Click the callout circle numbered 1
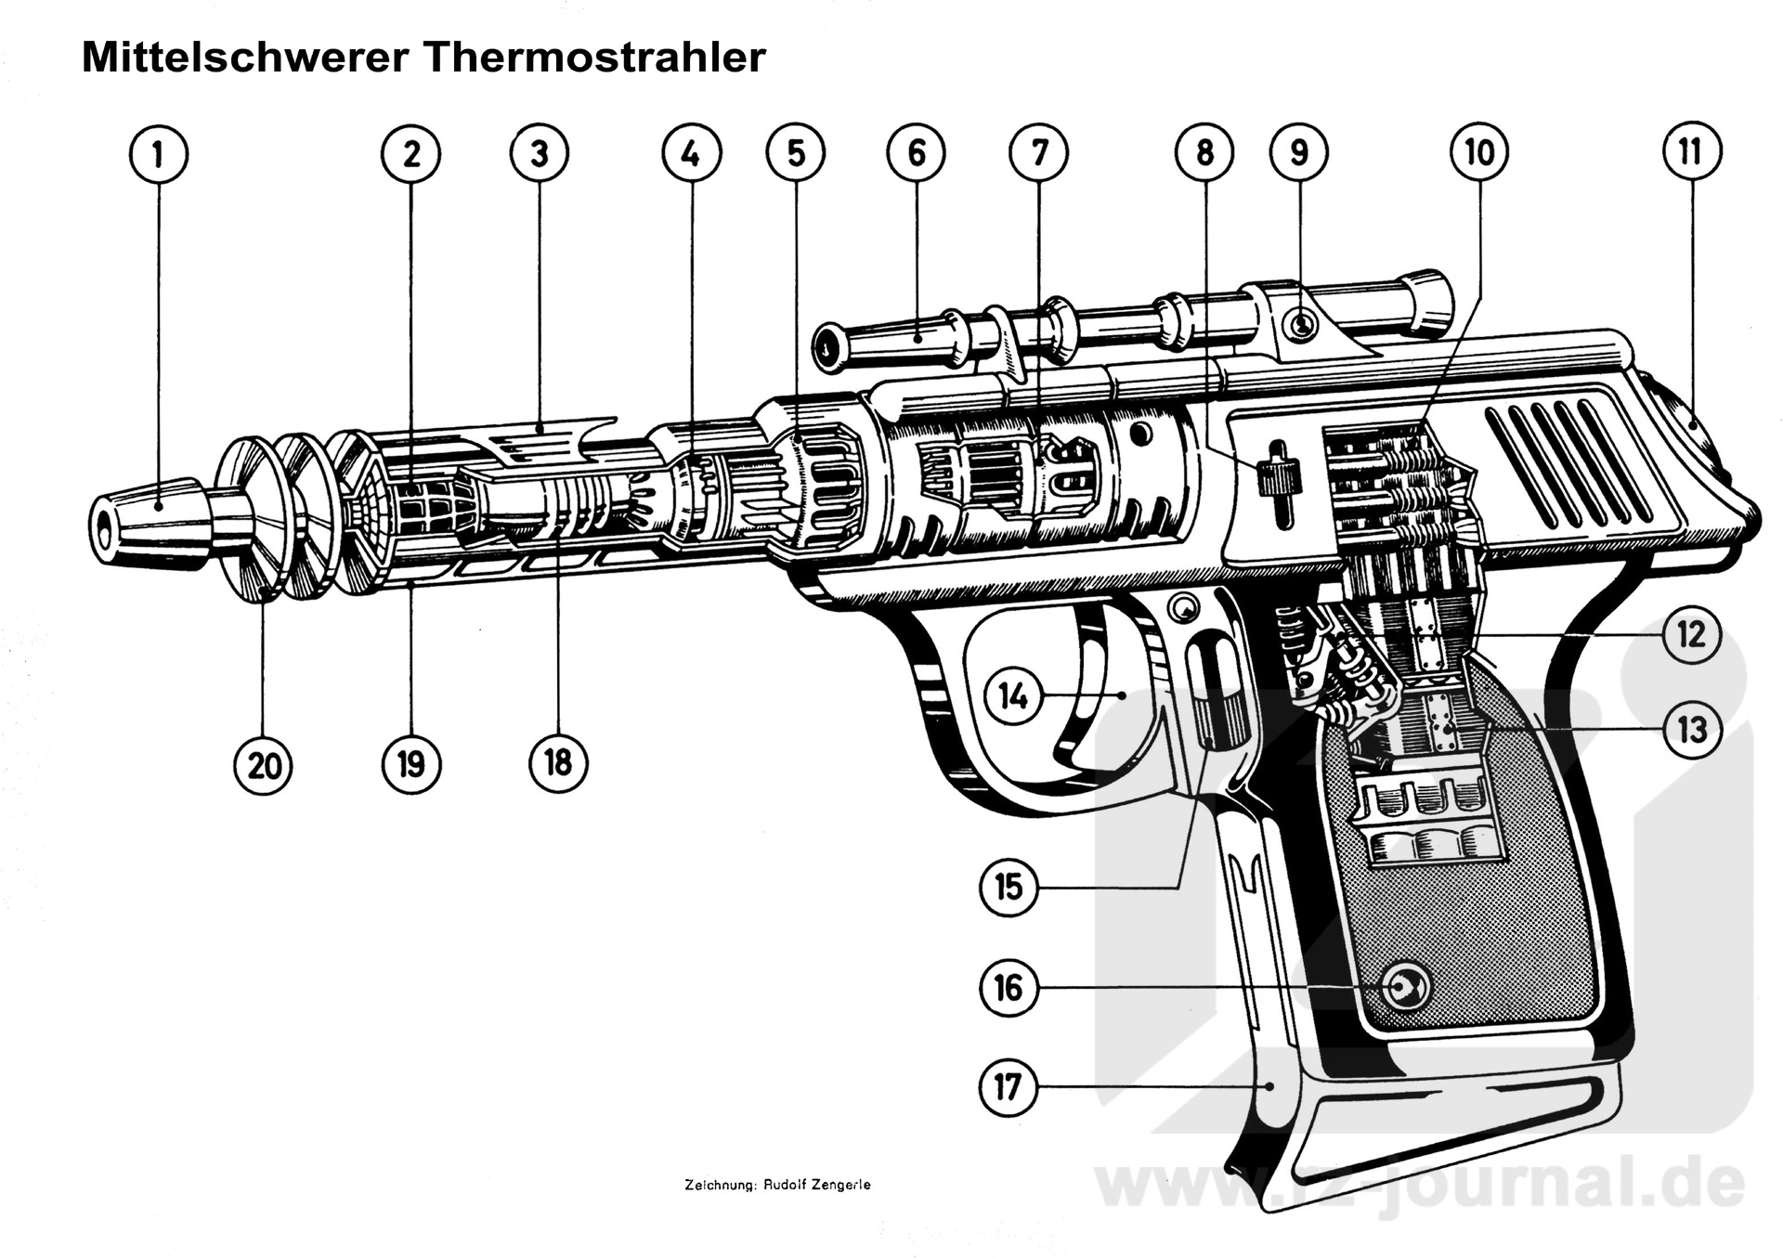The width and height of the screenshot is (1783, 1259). pyautogui.click(x=158, y=154)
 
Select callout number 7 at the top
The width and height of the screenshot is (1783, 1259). pyautogui.click(x=1039, y=152)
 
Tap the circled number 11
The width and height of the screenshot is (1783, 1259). pyautogui.click(x=1690, y=151)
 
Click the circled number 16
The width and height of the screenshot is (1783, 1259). pyautogui.click(x=1009, y=988)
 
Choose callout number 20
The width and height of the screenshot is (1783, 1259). pyautogui.click(x=264, y=766)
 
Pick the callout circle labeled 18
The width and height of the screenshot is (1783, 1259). pyautogui.click(x=557, y=763)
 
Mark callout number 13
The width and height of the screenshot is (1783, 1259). pyautogui.click(x=1691, y=730)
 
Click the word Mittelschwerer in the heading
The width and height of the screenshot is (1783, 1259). pyautogui.click(x=245, y=58)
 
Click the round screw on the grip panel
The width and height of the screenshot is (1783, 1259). pyautogui.click(x=1403, y=988)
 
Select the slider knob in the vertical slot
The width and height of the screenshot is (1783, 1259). pyautogui.click(x=1269, y=478)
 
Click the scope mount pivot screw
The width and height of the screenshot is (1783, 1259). pyautogui.click(x=1302, y=325)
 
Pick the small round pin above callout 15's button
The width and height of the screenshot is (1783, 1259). pyautogui.click(x=1183, y=610)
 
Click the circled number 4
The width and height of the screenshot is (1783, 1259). pyautogui.click(x=690, y=154)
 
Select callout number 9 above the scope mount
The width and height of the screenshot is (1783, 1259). pyautogui.click(x=1298, y=152)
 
